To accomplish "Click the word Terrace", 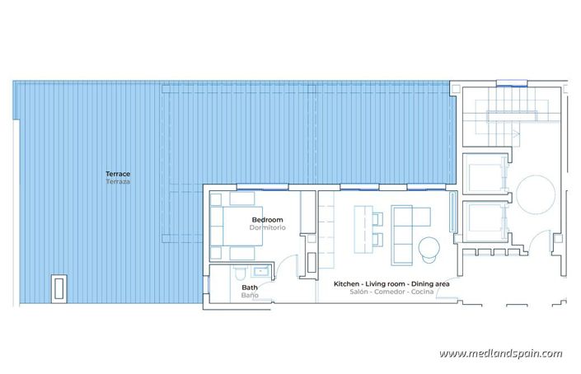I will [x=118, y=174].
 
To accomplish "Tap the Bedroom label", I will [x=268, y=220].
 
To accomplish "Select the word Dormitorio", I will [x=268, y=227].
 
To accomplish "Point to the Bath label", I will [x=249, y=288].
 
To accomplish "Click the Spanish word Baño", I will [x=249, y=295].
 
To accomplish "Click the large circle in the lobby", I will [x=536, y=196].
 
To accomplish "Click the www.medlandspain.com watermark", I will [x=500, y=353].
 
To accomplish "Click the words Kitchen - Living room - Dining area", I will [x=391, y=283].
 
